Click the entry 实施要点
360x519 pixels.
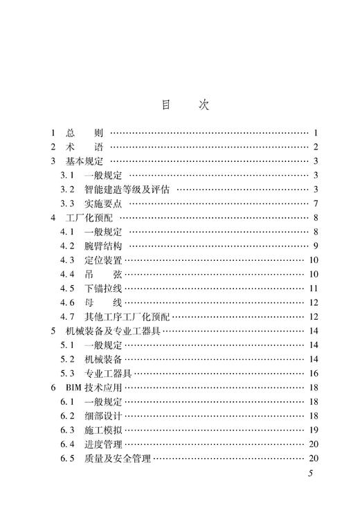click(104, 203)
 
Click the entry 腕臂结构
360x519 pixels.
click(104, 246)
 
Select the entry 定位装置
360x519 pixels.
click(104, 260)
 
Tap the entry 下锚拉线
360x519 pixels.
click(104, 288)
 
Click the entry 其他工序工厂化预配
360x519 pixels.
click(128, 316)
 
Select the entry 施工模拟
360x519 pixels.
click(104, 430)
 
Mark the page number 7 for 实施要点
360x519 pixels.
click(315, 203)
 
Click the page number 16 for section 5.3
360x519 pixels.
click(313, 373)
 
